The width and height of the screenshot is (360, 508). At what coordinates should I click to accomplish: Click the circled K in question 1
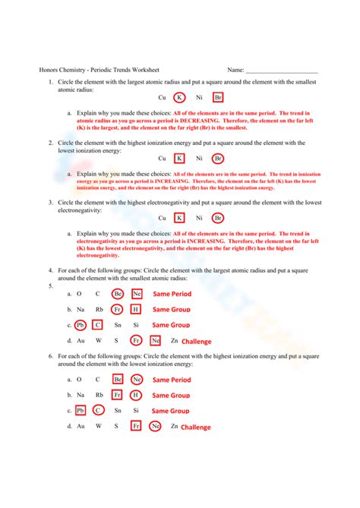(179, 98)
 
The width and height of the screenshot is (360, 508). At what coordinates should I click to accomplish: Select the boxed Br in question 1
(219, 98)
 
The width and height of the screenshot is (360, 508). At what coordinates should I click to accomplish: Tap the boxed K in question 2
(179, 159)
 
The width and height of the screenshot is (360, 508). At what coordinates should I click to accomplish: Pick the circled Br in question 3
(219, 219)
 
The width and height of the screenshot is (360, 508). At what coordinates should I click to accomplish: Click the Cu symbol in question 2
(162, 159)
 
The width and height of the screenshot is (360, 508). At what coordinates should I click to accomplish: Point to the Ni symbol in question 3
(199, 219)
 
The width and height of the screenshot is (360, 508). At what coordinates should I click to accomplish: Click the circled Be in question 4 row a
(118, 294)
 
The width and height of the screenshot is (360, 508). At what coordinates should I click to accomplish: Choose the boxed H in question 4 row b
(135, 309)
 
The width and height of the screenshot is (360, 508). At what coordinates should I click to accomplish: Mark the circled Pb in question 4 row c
(81, 325)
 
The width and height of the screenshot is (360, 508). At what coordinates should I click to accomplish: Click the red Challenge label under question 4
(197, 342)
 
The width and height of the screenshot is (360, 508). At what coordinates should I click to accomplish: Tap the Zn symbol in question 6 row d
(174, 426)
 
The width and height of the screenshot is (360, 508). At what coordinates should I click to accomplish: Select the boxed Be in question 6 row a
(118, 380)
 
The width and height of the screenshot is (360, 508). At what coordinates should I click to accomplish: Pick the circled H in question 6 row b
(135, 395)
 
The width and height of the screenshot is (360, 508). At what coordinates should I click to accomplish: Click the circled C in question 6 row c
(98, 411)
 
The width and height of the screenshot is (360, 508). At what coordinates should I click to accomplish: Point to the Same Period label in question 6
(172, 380)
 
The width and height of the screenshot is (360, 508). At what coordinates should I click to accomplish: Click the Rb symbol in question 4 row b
(99, 309)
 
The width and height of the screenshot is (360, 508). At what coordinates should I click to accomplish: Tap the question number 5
(50, 286)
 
